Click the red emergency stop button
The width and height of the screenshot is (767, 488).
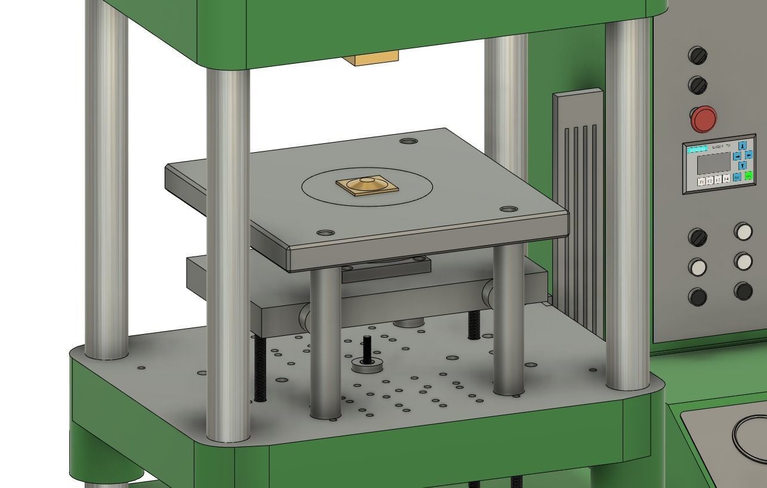click(x=704, y=119)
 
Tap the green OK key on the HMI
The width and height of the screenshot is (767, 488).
click(x=749, y=176)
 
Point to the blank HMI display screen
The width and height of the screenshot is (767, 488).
click(x=715, y=163)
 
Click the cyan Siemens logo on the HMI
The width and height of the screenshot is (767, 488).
click(x=697, y=149)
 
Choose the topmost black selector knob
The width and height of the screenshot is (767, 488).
click(x=698, y=55)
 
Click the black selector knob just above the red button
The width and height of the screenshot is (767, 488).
click(x=698, y=85)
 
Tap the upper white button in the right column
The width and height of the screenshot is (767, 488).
click(x=743, y=231)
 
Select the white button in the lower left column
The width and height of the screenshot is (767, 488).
click(x=698, y=267)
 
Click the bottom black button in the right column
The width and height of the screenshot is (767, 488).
click(x=743, y=291)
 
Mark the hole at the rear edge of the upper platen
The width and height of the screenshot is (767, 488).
click(x=409, y=141)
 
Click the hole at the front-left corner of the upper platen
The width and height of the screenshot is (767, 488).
click(x=325, y=233)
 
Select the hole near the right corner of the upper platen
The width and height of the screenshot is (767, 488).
click(x=509, y=209)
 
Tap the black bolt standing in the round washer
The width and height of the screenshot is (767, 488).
click(x=366, y=351)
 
